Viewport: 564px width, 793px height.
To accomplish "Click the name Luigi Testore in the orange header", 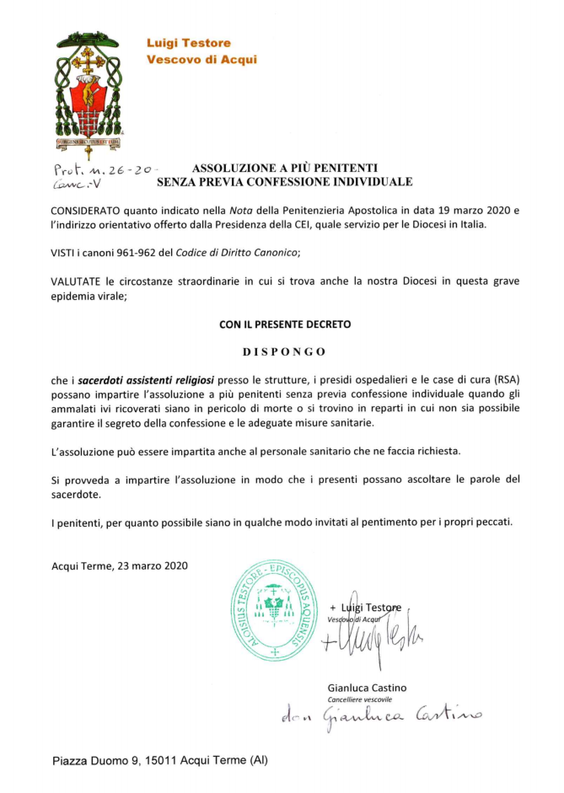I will point(189,43).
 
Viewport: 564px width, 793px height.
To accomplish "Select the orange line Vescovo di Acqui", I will point(201,60).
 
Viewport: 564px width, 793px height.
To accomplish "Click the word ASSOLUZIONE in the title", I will point(233,168).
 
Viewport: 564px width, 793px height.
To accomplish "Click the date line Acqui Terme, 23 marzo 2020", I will point(120,565).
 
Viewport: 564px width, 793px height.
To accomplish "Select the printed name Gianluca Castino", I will point(367,688).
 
